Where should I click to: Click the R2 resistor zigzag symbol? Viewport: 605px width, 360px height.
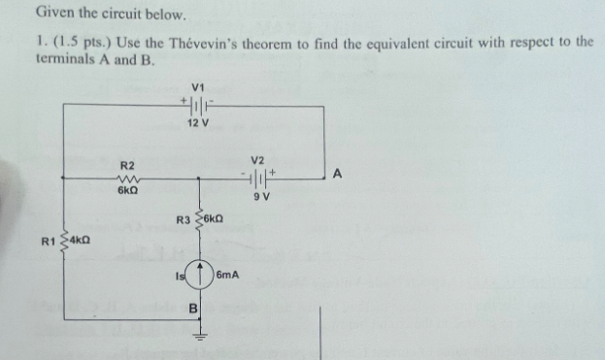click(x=128, y=179)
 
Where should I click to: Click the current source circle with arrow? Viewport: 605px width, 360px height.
click(x=198, y=278)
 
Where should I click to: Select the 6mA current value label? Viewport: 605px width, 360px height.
click(x=228, y=278)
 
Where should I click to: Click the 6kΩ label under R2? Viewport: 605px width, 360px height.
click(x=128, y=193)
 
